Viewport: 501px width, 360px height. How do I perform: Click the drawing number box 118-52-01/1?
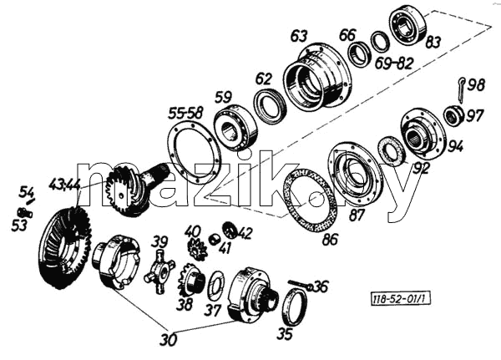(x=400, y=299)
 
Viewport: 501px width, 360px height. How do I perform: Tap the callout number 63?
(x=299, y=36)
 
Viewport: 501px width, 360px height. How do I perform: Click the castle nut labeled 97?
(x=453, y=115)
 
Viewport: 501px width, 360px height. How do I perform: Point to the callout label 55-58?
(x=185, y=114)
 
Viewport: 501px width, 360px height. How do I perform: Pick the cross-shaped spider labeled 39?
(x=159, y=271)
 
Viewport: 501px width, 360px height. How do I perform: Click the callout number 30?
(x=168, y=340)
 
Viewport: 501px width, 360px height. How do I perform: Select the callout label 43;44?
(x=65, y=185)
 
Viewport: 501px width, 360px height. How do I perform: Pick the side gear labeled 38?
(x=191, y=279)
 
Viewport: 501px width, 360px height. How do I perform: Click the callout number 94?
(x=455, y=147)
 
